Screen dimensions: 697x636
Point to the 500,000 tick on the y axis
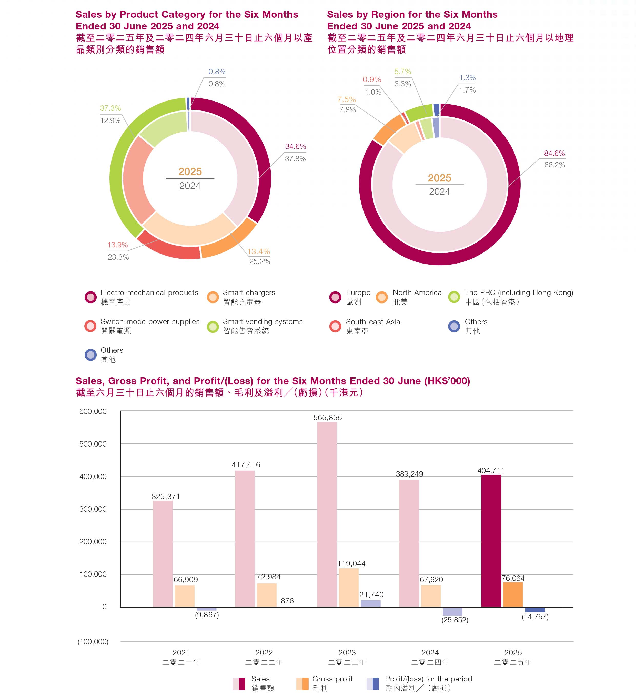pos(93,444)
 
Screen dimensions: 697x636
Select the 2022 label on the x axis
pos(264,652)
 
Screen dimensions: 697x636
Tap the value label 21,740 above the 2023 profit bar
pos(371,595)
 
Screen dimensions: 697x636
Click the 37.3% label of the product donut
pos(110,108)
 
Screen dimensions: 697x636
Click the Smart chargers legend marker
pos(213,297)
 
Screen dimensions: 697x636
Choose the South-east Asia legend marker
pos(335,326)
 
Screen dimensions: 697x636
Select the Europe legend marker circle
pos(335,297)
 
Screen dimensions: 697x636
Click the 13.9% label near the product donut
pos(117,245)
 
